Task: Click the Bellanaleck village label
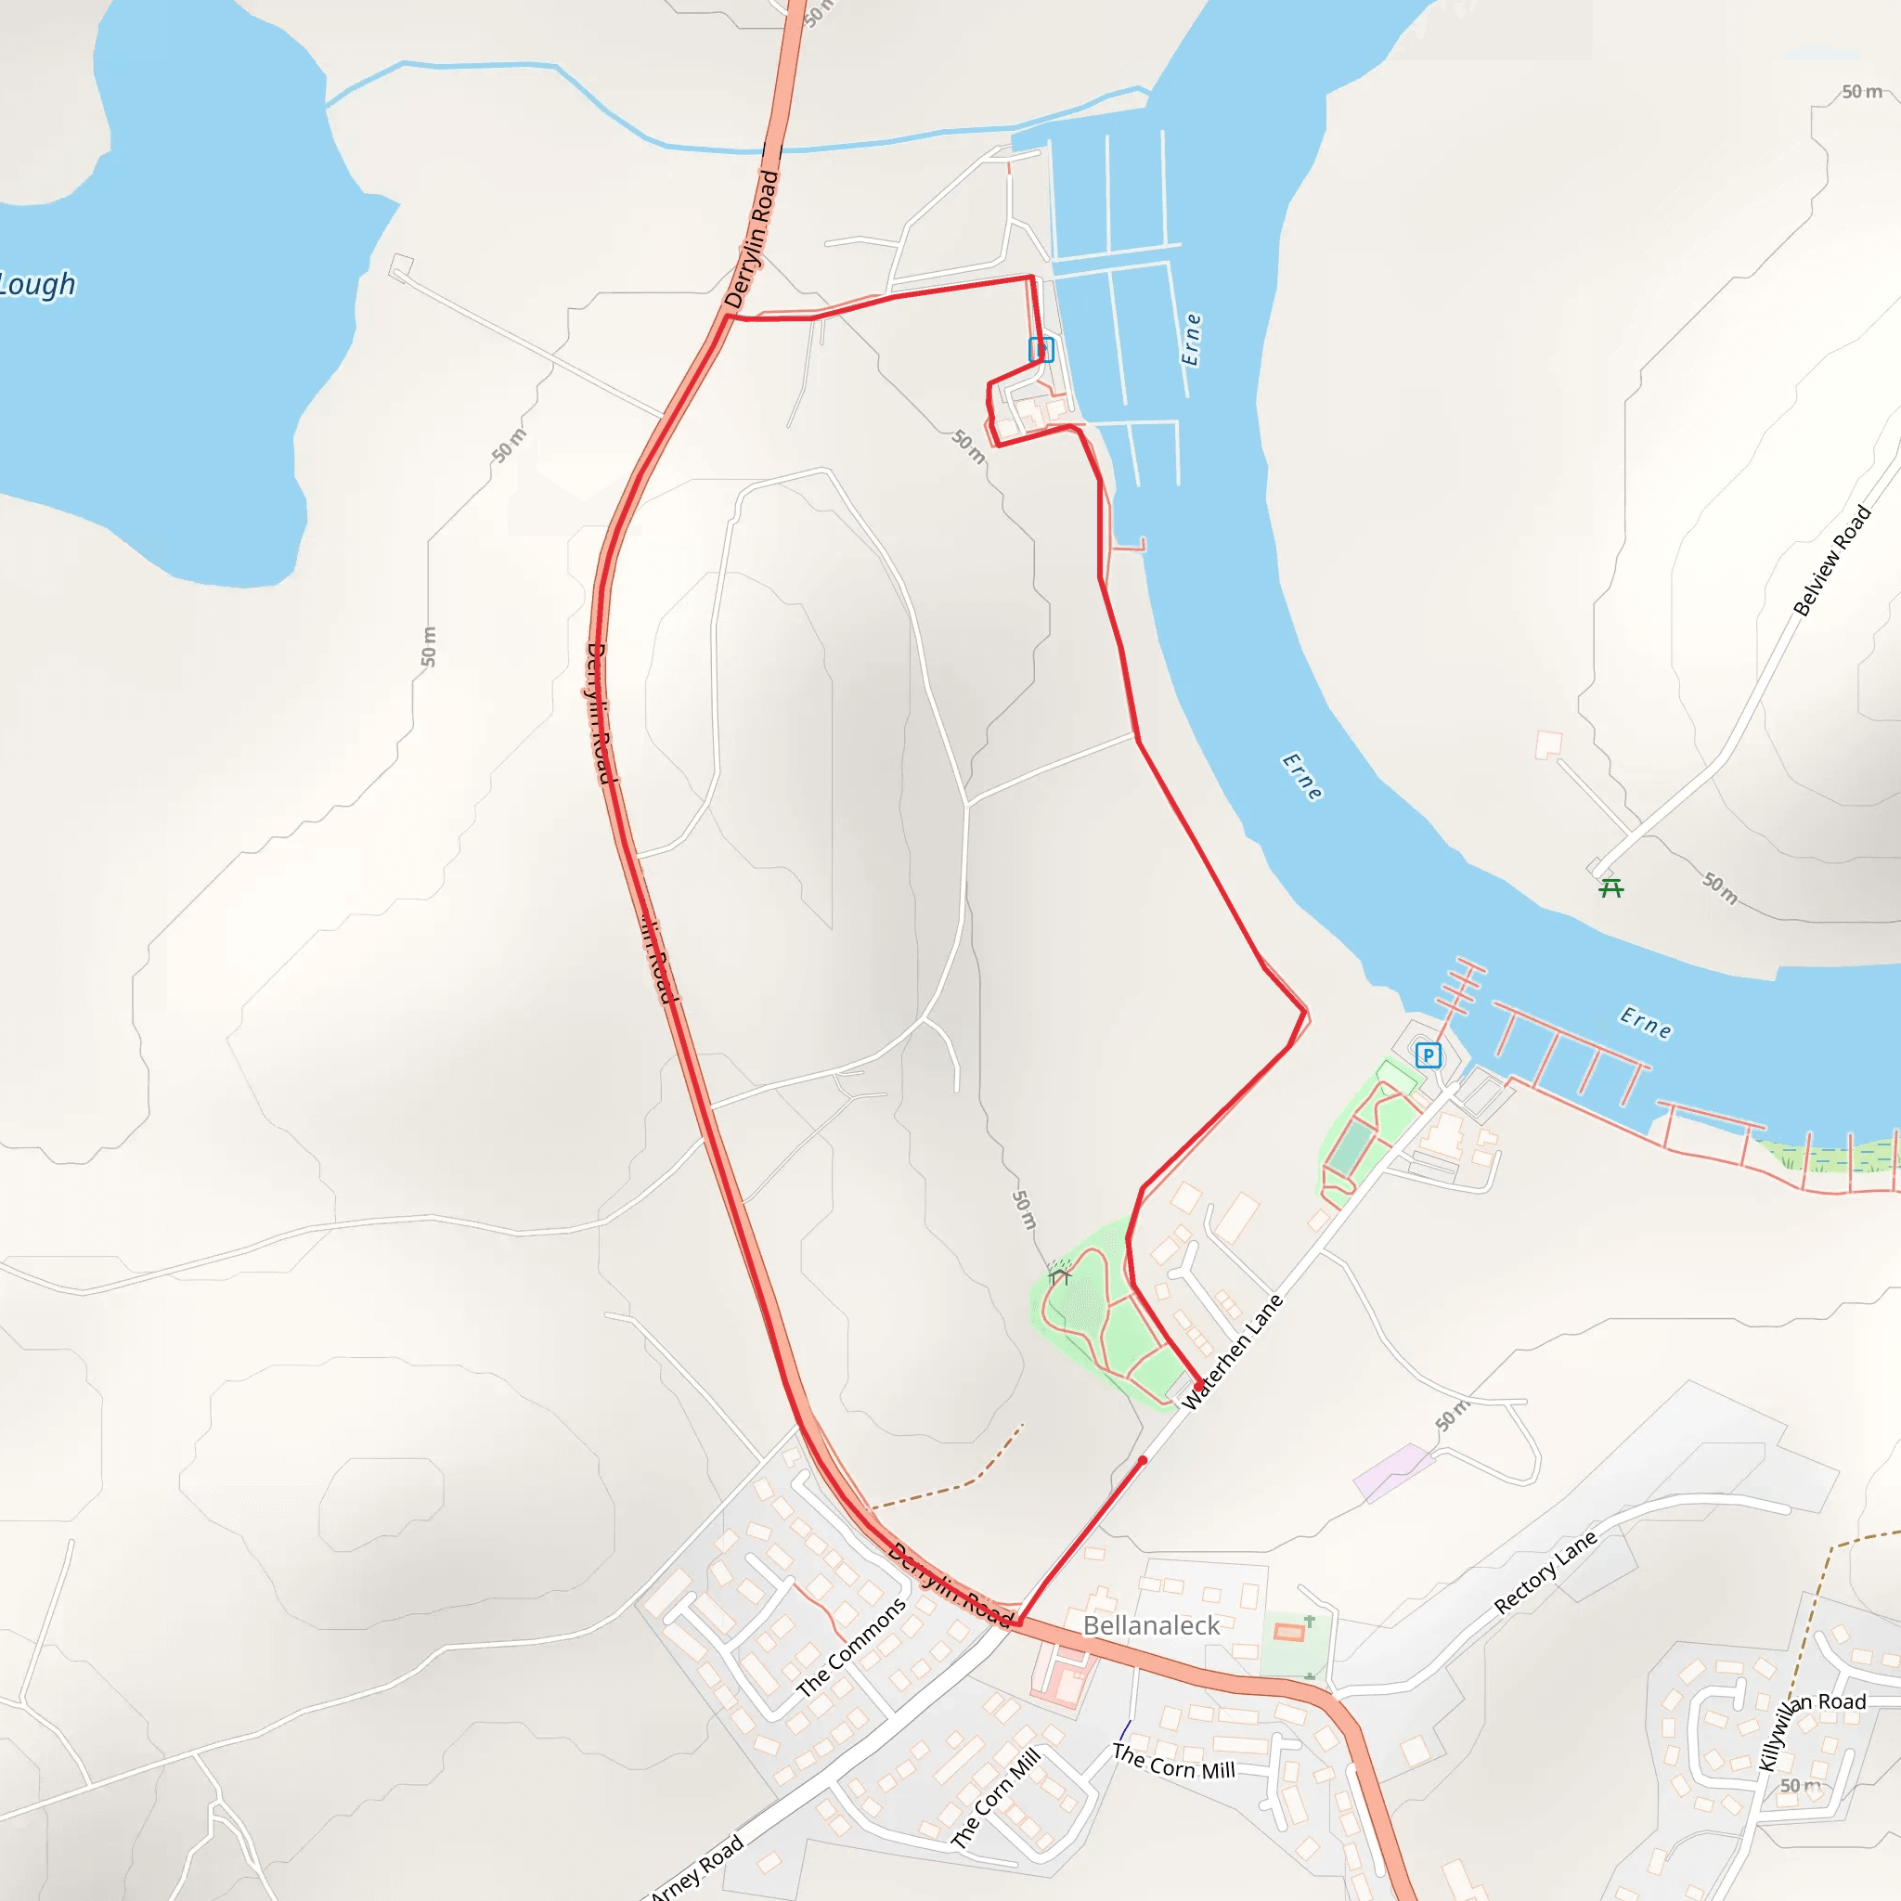[1151, 1625]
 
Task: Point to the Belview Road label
[1831, 561]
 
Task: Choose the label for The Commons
[851, 1649]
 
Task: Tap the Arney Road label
[697, 1868]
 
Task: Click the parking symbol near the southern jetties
[1428, 1055]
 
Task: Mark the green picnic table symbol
[1610, 888]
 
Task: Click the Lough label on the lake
[37, 284]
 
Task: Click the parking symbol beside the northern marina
[1041, 349]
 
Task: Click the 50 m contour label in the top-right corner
[1861, 92]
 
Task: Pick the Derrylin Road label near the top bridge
[752, 240]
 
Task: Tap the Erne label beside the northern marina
[1192, 340]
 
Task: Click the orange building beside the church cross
[1288, 1633]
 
